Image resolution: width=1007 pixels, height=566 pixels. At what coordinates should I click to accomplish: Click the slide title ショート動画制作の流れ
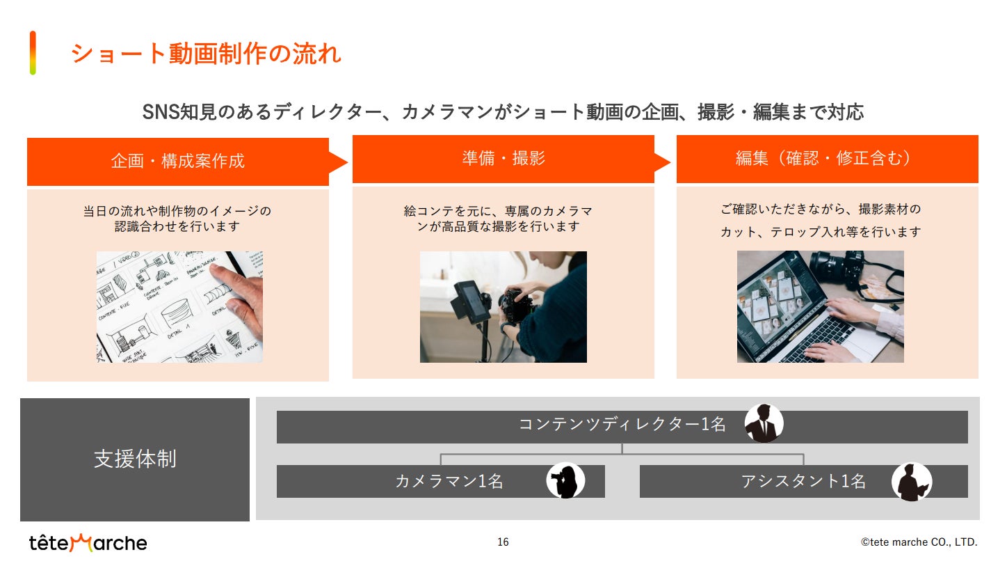(206, 54)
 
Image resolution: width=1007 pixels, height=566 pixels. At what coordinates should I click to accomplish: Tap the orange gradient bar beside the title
(33, 53)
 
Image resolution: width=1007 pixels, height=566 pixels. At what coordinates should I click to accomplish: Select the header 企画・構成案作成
(178, 161)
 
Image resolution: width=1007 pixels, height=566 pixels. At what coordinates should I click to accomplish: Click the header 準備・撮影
(503, 158)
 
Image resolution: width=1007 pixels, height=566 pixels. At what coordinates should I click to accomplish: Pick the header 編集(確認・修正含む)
(823, 158)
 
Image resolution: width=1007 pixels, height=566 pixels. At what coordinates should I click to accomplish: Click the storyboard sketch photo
(179, 307)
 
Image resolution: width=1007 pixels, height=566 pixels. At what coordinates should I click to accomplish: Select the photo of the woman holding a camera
(503, 307)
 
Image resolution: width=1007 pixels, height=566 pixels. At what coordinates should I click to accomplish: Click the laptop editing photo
(820, 306)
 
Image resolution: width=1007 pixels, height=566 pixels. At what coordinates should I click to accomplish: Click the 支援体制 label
(135, 459)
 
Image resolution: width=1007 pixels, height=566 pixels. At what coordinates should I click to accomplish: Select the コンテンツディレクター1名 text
(622, 424)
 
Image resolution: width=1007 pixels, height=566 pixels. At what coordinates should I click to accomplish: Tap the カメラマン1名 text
(449, 481)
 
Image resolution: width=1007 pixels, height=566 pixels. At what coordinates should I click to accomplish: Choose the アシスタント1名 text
(803, 481)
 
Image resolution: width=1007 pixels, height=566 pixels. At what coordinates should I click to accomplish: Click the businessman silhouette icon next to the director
(764, 423)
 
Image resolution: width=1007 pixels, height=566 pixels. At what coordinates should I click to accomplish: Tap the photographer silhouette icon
(565, 480)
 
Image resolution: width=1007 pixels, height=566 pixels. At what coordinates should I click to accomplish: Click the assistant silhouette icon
(912, 482)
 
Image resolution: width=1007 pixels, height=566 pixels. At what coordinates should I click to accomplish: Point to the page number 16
(503, 542)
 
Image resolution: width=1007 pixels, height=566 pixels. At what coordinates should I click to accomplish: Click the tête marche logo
(88, 542)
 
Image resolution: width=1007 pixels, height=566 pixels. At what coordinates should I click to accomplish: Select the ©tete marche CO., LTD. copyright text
(919, 542)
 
